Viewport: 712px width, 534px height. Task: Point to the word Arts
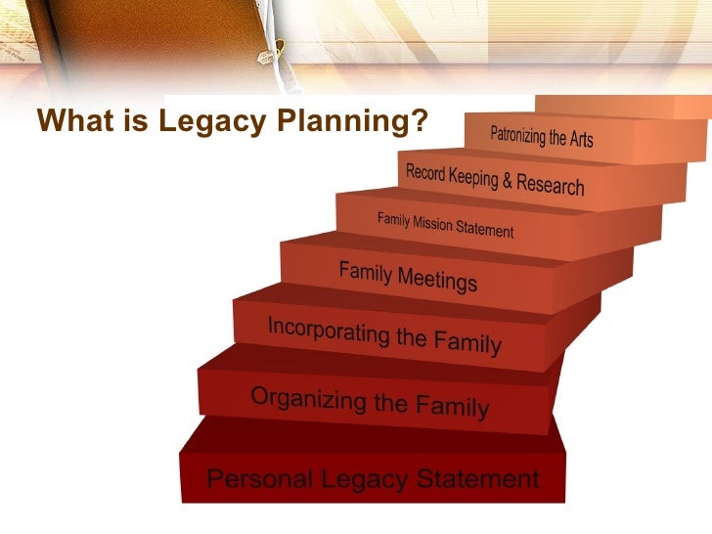[581, 141]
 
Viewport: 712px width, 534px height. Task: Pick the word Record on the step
[425, 173]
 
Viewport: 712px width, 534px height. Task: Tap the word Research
[553, 185]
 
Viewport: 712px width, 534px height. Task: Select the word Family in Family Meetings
[366, 272]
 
